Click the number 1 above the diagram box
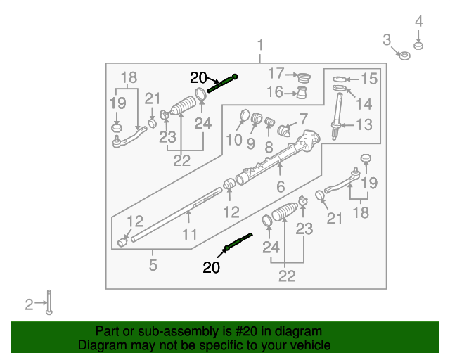[260, 46]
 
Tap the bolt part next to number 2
[49, 303]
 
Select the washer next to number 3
[404, 55]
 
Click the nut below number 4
[418, 46]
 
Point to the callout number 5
[153, 266]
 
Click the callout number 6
[280, 188]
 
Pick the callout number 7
[304, 120]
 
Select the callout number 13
[364, 125]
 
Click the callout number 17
[276, 72]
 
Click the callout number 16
[276, 92]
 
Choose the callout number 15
[369, 79]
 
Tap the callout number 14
[363, 104]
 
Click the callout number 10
[234, 140]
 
